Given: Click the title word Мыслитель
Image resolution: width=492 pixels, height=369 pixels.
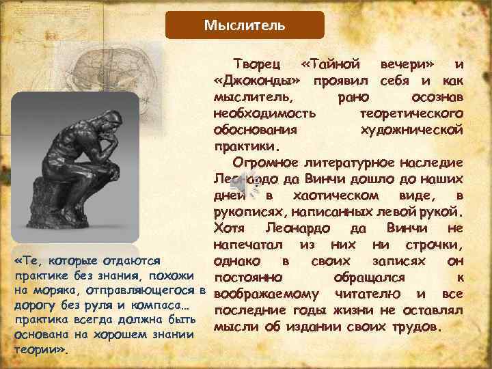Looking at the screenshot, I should tap(245, 26).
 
